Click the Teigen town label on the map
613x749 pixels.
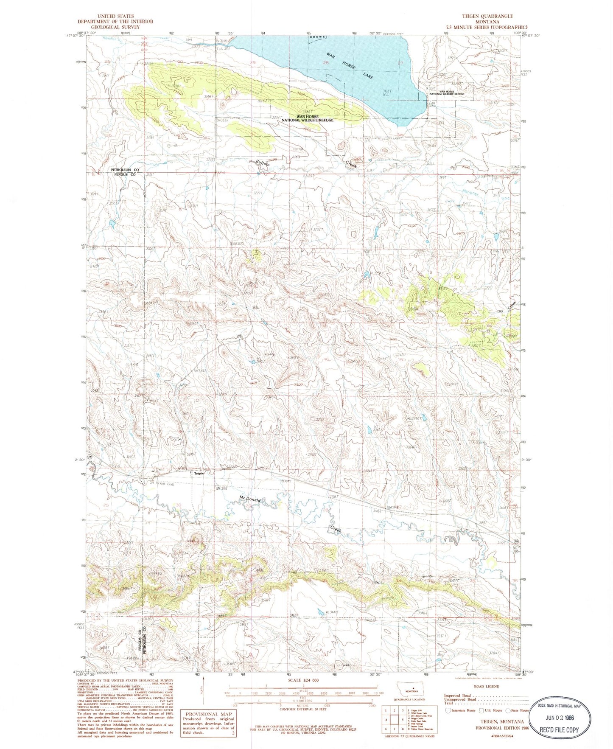coord(199,474)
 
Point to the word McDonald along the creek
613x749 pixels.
coord(249,499)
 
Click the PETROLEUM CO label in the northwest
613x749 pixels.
coord(125,170)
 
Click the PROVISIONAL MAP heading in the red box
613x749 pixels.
coord(208,714)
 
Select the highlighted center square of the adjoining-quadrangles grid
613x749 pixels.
coord(395,720)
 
